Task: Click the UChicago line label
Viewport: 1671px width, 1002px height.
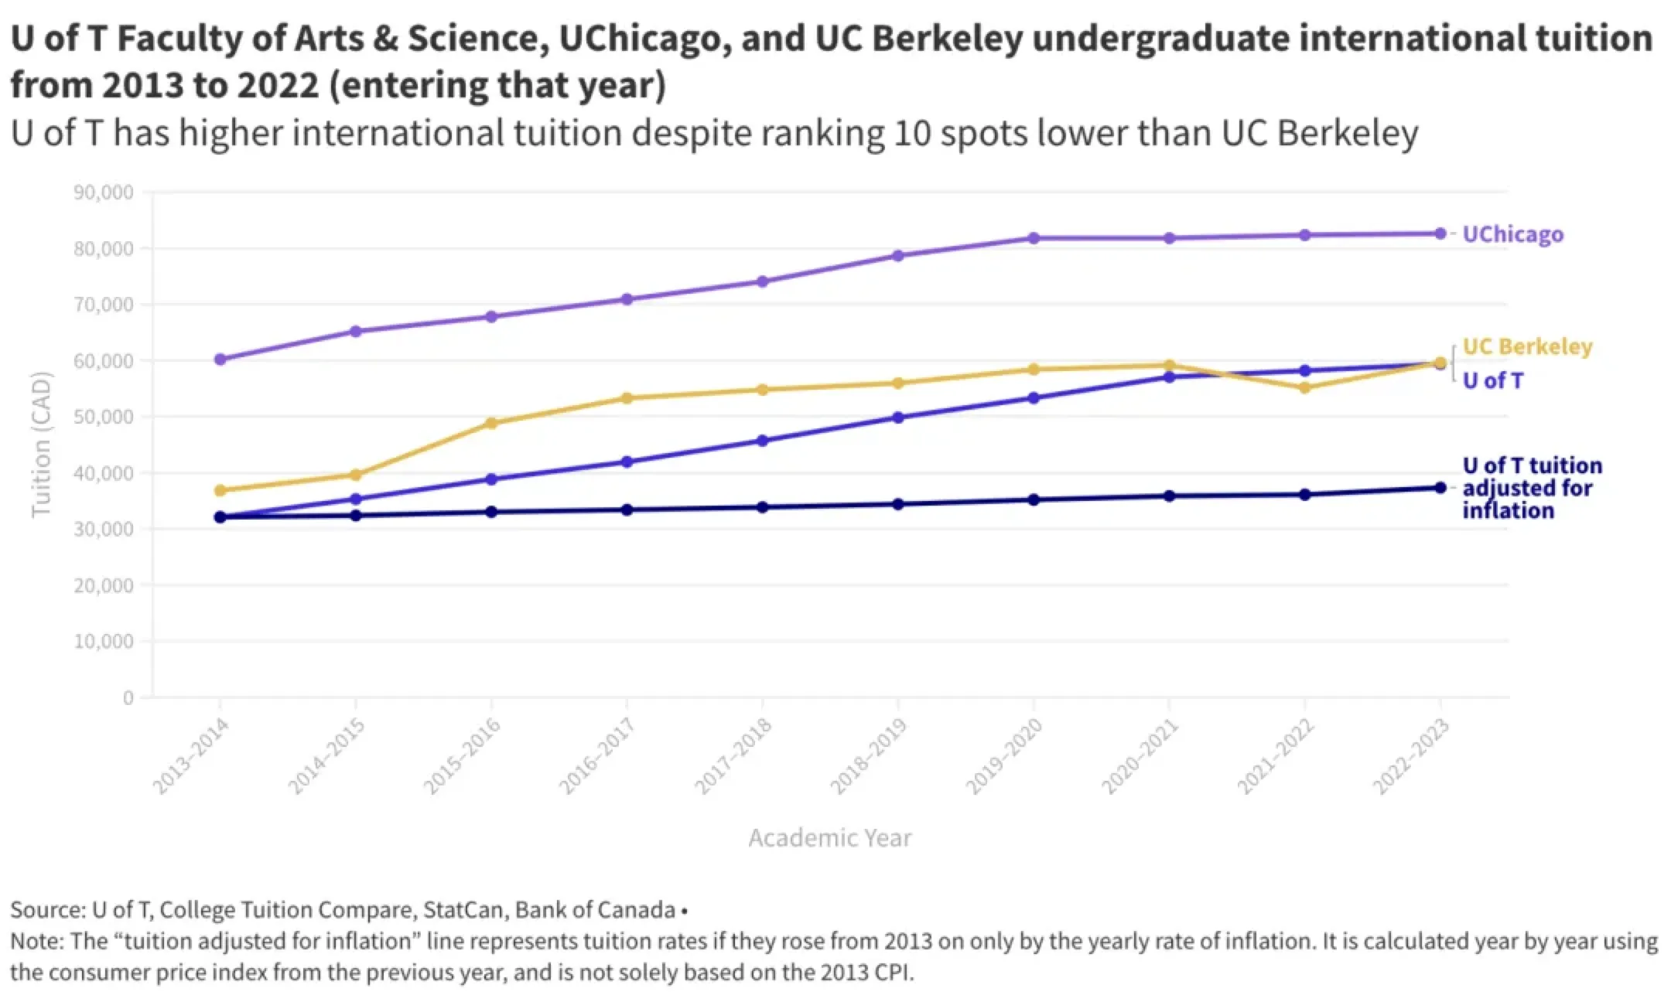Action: pyautogui.click(x=1512, y=234)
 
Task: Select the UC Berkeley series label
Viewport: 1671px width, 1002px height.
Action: pyautogui.click(x=1527, y=346)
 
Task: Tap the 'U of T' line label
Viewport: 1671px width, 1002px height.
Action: pyautogui.click(x=1492, y=380)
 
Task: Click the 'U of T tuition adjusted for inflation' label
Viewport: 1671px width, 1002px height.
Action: pyautogui.click(x=1531, y=488)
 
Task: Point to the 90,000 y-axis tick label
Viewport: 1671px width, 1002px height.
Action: pyautogui.click(x=104, y=193)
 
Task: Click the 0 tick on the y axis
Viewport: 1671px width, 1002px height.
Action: pyautogui.click(x=128, y=698)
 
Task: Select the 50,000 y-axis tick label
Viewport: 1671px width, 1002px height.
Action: pyautogui.click(x=104, y=417)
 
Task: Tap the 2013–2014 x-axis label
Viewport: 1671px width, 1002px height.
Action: pyautogui.click(x=190, y=756)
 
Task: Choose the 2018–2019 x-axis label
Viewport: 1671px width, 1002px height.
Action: pyautogui.click(x=868, y=756)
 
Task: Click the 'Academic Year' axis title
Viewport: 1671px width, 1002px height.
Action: pyautogui.click(x=829, y=838)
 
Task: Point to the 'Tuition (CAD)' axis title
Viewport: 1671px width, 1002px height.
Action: pyautogui.click(x=41, y=445)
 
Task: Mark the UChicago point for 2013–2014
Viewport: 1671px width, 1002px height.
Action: pyautogui.click(x=220, y=360)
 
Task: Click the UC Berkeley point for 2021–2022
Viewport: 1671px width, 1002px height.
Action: pyautogui.click(x=1304, y=387)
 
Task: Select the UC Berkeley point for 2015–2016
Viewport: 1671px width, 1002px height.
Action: pyautogui.click(x=491, y=423)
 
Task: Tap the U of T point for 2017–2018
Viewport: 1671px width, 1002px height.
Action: pyautogui.click(x=762, y=441)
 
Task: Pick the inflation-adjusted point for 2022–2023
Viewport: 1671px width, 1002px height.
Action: pyautogui.click(x=1440, y=488)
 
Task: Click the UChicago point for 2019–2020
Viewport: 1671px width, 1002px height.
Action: pyautogui.click(x=1034, y=238)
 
